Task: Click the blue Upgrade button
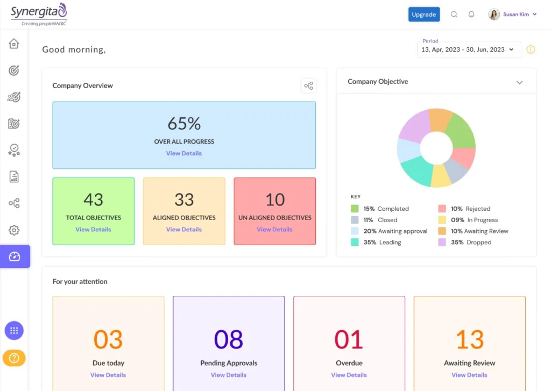423,15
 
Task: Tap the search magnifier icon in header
454,15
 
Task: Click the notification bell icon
471,15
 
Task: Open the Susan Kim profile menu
512,15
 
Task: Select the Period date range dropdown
469,49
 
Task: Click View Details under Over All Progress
184,153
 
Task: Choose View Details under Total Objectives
93,230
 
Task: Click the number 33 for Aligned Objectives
184,200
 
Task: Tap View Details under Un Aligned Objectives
274,230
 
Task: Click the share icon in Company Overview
308,86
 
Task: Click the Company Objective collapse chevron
519,82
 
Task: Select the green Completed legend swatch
355,209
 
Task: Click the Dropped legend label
479,243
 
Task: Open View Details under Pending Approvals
229,375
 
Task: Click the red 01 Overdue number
349,340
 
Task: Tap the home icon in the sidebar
14,44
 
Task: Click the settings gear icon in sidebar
14,230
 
